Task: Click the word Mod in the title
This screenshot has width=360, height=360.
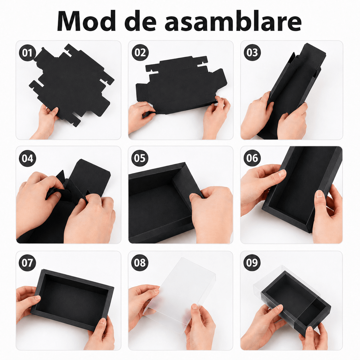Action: (x=86, y=21)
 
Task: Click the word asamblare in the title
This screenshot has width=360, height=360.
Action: (x=233, y=21)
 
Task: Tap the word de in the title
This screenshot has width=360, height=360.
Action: (x=140, y=21)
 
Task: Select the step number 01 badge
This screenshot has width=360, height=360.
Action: (x=27, y=53)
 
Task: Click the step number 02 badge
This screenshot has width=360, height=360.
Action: (x=140, y=53)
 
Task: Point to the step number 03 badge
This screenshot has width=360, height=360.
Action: (x=252, y=53)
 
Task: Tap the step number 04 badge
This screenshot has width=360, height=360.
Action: (x=27, y=158)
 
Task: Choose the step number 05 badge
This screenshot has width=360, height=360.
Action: (x=140, y=158)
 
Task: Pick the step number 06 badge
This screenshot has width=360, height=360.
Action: (x=252, y=158)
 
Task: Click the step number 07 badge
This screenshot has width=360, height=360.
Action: (x=27, y=263)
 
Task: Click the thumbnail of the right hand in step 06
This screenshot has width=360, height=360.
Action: (x=319, y=194)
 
